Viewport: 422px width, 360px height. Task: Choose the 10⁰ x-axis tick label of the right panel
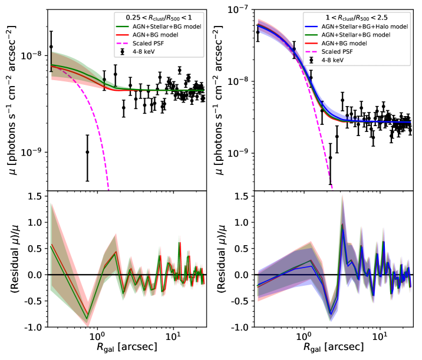pos(303,336)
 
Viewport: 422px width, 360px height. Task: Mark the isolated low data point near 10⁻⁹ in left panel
pos(87,152)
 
